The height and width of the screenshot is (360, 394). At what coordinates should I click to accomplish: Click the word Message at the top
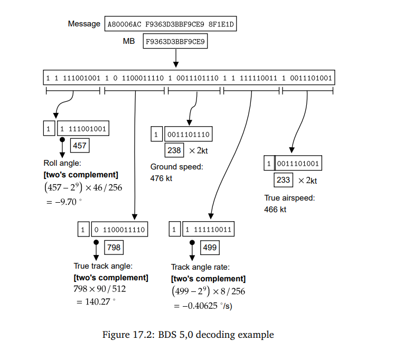84,24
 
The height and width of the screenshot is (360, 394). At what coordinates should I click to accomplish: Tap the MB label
129,41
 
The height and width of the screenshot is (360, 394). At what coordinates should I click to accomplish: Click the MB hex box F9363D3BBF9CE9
175,41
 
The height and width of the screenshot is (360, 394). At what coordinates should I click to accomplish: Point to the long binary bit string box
189,78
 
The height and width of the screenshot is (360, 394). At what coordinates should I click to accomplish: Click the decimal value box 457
80,146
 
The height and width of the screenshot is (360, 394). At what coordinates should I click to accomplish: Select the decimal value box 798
114,247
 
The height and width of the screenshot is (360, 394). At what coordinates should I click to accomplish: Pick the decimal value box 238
174,150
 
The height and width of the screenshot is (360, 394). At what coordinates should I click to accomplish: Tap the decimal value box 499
210,247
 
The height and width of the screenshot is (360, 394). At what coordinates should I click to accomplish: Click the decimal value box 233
283,180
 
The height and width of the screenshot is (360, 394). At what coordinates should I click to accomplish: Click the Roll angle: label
62,164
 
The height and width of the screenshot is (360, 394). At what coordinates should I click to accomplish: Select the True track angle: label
102,266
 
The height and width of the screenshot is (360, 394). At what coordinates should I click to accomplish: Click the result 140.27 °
96,302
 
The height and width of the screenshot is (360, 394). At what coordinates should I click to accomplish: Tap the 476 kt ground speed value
162,178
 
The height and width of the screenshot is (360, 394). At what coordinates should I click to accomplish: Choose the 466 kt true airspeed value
275,210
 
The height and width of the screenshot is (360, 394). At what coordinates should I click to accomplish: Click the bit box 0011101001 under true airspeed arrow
298,164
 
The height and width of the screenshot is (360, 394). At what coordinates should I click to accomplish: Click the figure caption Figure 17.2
188,335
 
